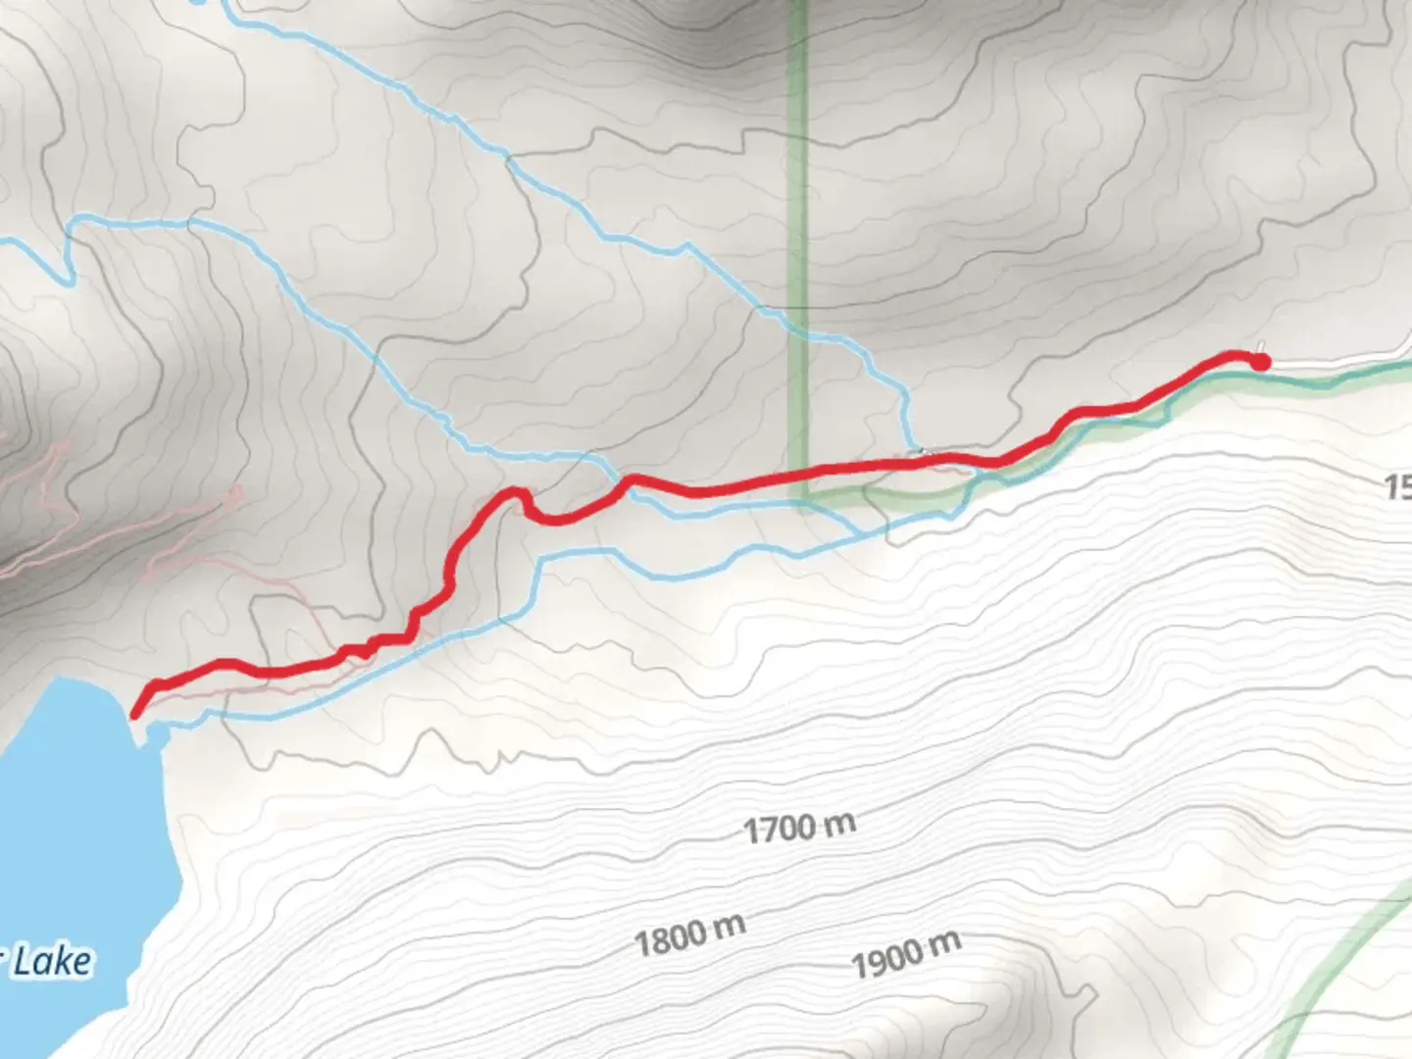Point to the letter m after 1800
coord(730,925)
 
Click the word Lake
coord(54,961)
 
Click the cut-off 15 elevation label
coord(1397,486)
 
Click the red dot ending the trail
coord(1260,363)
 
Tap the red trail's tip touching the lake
coord(135,713)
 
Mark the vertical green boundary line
coord(798,196)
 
